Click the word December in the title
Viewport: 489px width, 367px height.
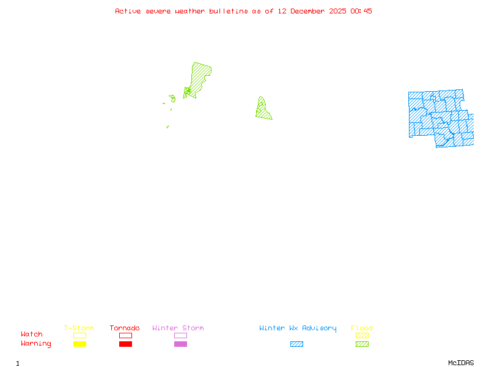(x=311, y=11)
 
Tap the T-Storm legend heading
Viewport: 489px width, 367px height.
(x=79, y=328)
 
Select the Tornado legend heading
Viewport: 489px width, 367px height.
(x=125, y=328)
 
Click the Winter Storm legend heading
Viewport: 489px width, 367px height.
(x=178, y=328)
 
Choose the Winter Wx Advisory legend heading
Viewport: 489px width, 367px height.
(x=298, y=328)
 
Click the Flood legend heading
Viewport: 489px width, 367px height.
(x=362, y=328)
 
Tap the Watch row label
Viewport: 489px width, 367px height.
(x=32, y=335)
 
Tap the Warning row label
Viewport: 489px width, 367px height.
(x=36, y=344)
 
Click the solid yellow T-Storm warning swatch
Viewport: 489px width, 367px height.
(x=79, y=344)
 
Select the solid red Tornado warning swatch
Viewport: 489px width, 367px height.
(x=125, y=344)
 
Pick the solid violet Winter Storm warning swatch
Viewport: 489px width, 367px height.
(x=180, y=344)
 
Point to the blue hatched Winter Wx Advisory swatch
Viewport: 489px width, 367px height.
(x=296, y=344)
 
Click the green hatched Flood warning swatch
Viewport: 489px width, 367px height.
(x=362, y=344)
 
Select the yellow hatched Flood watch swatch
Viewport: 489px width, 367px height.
(x=362, y=335)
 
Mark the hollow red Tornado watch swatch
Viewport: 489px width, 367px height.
(x=125, y=335)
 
